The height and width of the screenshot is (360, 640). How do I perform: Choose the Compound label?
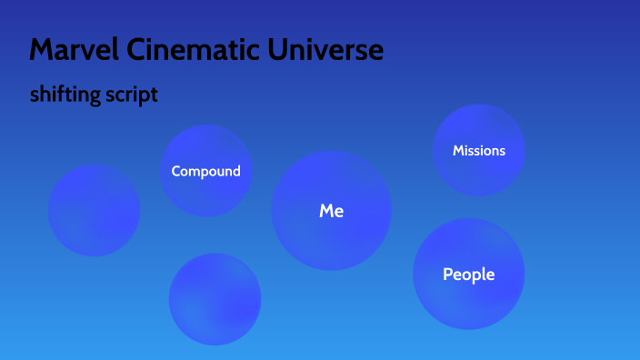pos(205,171)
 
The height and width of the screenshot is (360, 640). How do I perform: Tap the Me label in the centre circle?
pos(331,211)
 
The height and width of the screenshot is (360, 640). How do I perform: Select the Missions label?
pos(478,150)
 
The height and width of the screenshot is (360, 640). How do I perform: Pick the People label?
pos(468,274)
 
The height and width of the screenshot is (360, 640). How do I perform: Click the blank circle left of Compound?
pos(94,210)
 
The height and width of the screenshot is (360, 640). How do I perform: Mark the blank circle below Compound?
pos(215,299)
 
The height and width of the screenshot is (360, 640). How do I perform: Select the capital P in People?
pos(447,274)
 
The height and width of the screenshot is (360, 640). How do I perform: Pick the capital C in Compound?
pos(176,171)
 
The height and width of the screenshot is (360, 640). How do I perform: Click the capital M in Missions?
pos(458,150)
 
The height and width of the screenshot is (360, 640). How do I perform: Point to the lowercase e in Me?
pos(338,212)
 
